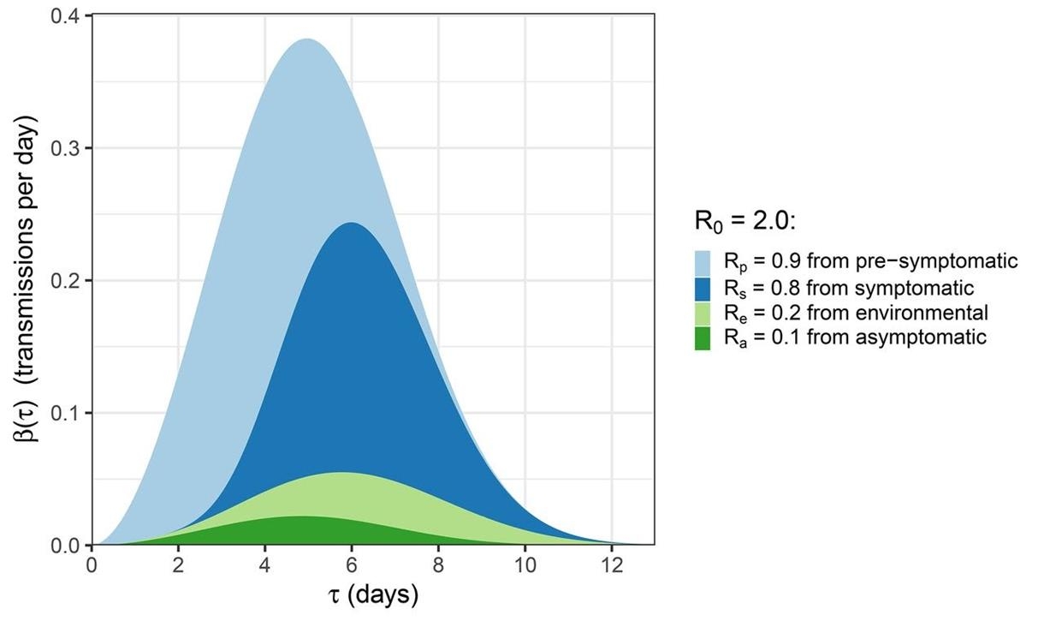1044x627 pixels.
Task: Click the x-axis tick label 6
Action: point(352,566)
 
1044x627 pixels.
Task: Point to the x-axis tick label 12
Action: point(611,566)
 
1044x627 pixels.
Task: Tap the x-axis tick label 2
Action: point(178,566)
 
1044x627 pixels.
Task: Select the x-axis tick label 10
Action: point(525,566)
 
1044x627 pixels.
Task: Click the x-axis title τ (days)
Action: point(373,594)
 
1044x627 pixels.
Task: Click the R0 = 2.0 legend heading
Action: point(745,221)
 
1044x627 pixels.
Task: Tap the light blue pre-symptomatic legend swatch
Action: point(703,261)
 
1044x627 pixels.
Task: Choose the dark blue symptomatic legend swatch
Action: point(703,287)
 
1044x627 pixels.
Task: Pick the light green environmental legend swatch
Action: point(703,313)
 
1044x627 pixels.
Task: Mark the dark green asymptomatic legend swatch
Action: point(703,337)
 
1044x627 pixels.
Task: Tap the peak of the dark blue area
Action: point(352,224)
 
